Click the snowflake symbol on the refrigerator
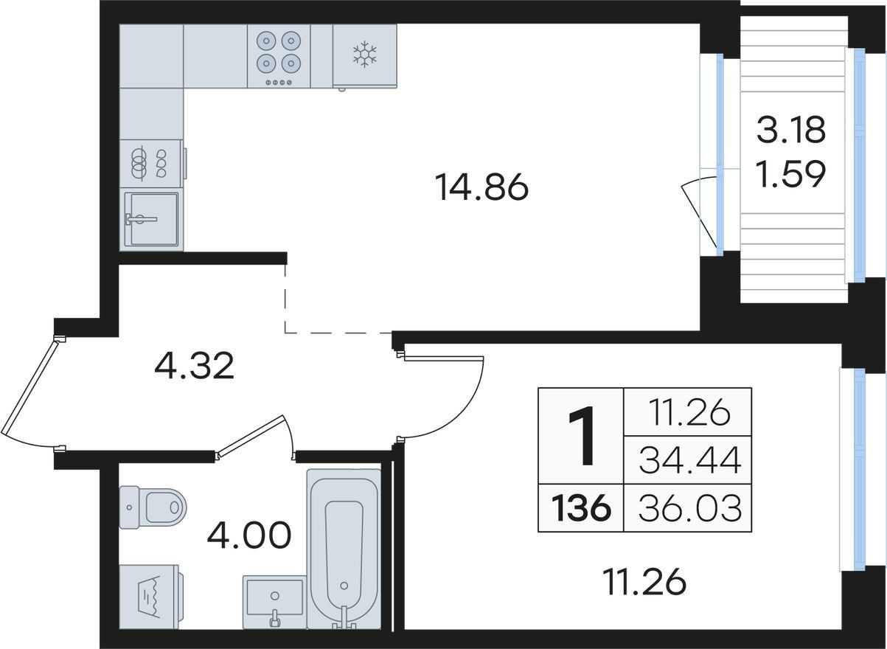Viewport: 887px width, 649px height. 364,53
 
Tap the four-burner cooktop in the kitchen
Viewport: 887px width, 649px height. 279,56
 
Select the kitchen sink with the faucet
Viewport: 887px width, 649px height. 151,219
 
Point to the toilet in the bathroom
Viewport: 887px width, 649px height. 153,507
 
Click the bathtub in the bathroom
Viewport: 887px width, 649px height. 344,549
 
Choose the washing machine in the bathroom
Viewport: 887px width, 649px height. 151,597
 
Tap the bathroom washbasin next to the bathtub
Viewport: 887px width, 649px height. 274,603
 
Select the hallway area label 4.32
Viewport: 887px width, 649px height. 194,366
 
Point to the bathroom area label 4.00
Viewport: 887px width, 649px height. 249,535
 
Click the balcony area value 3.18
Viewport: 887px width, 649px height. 791,130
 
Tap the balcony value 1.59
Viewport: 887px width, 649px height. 791,174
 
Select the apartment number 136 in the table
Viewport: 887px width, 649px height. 581,508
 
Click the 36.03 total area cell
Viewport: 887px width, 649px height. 690,508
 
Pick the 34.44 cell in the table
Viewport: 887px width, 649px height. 690,459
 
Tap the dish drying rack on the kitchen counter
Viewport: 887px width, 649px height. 151,164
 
